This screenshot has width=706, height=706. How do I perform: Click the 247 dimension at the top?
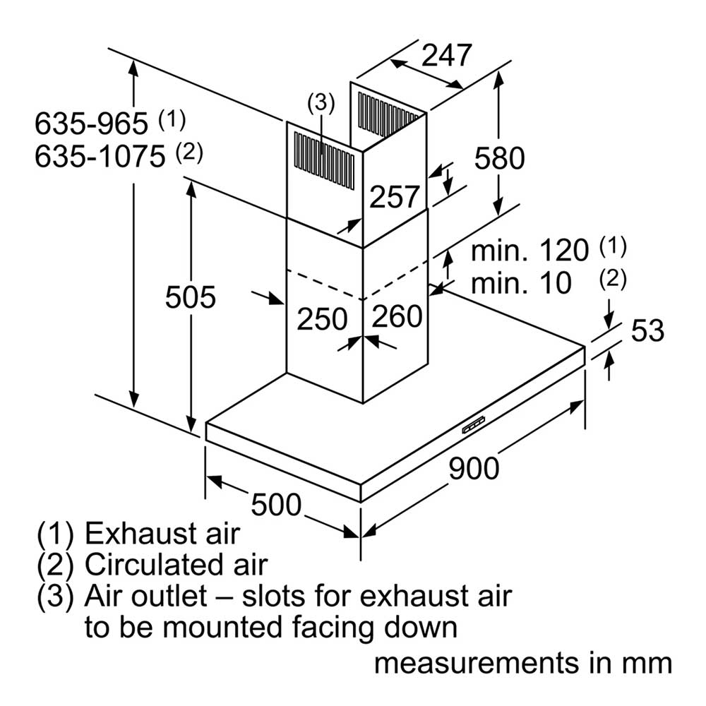click(447, 56)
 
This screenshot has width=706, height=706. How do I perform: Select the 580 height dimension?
click(500, 158)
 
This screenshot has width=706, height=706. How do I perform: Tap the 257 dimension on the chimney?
click(395, 197)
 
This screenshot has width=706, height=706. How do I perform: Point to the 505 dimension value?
click(191, 297)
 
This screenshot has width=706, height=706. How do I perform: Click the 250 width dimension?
click(323, 319)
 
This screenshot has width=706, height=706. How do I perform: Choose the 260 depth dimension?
click(397, 316)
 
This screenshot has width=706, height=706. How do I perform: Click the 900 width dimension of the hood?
click(474, 468)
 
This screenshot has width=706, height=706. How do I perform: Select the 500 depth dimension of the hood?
click(276, 504)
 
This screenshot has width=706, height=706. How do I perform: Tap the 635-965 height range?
click(91, 124)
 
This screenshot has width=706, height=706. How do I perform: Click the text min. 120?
click(529, 251)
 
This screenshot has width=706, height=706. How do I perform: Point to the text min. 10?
click(521, 283)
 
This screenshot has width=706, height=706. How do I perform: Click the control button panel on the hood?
click(474, 424)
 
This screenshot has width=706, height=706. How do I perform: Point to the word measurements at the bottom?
click(477, 664)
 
